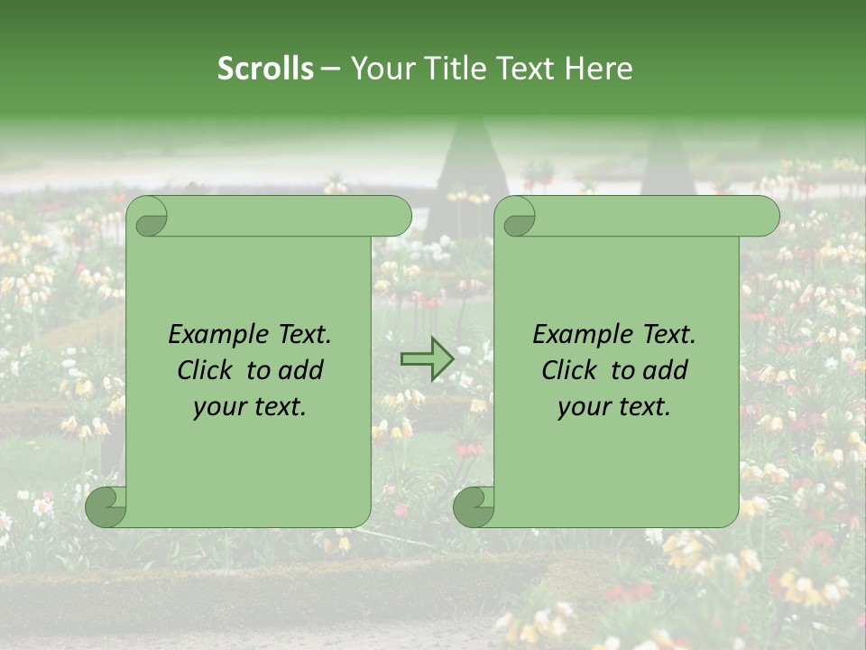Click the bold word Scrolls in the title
(x=266, y=69)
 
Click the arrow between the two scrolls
(x=427, y=359)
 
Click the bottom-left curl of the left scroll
(x=106, y=506)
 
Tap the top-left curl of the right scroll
(x=516, y=217)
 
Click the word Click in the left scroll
(x=206, y=370)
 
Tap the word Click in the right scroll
(x=570, y=370)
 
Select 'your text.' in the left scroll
(x=250, y=406)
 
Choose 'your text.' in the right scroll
(x=614, y=406)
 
